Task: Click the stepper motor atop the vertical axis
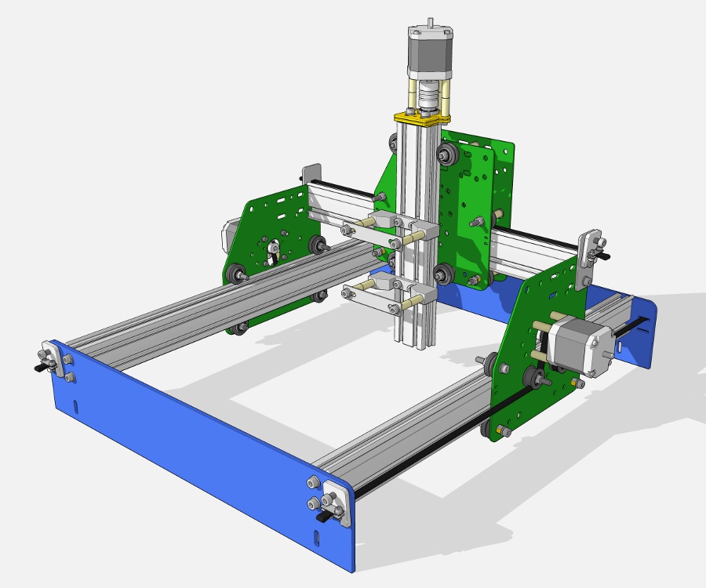coord(429,50)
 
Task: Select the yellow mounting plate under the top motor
coord(423,118)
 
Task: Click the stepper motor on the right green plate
coord(580,346)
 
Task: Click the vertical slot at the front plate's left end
coord(76,407)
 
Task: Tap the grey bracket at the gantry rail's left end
coord(312,177)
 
